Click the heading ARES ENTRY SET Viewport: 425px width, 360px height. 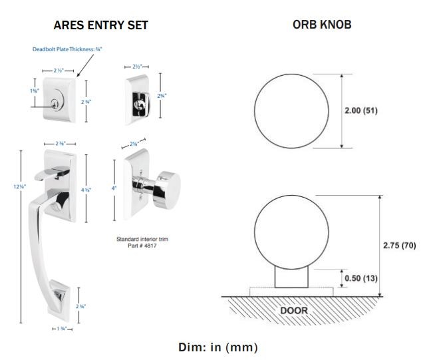[100, 25]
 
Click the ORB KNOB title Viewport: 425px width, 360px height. [322, 25]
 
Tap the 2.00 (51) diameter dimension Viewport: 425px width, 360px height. [361, 110]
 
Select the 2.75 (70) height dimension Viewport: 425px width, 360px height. [399, 246]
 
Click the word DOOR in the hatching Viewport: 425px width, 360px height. [293, 310]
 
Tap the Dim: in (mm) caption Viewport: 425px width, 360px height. [217, 347]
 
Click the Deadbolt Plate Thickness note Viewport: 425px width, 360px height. [68, 49]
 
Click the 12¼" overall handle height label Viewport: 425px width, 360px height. [19, 186]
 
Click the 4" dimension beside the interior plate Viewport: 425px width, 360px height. [114, 189]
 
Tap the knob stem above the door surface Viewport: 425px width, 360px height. [292, 275]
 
